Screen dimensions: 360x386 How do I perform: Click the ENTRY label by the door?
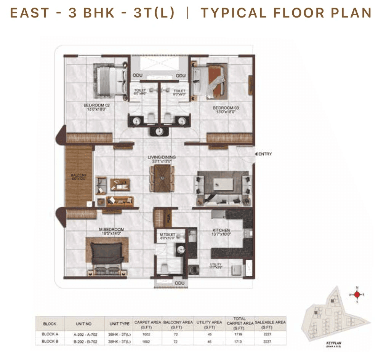pyautogui.click(x=265, y=154)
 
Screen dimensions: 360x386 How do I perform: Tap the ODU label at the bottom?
pyautogui.click(x=179, y=283)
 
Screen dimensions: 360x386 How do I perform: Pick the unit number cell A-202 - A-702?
pyautogui.click(x=84, y=334)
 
